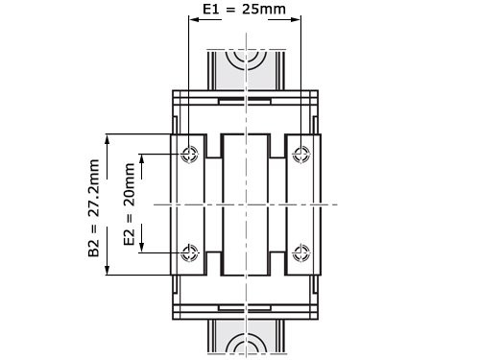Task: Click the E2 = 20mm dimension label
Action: [130, 204]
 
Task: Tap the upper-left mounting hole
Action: [189, 154]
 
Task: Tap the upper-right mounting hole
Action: [302, 154]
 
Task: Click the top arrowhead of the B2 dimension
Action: [108, 137]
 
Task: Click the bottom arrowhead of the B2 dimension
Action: [108, 272]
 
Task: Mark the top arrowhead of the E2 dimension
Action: [142, 157]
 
